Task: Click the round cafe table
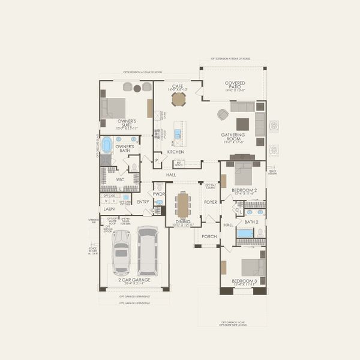click(x=178, y=99)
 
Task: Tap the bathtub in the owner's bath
click(x=107, y=145)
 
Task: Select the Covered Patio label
click(x=235, y=86)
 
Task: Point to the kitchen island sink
click(x=178, y=133)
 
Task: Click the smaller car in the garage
click(x=121, y=251)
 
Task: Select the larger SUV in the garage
click(x=148, y=250)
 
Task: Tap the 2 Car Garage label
click(x=134, y=280)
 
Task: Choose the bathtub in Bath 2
click(x=245, y=233)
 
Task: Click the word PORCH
click(x=209, y=236)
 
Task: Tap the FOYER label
click(x=210, y=202)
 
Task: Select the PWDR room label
click(x=159, y=194)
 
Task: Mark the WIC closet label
click(x=119, y=179)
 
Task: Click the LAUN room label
click(x=109, y=209)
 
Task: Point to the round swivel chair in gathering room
click(x=223, y=114)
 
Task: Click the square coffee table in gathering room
click(x=242, y=124)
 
